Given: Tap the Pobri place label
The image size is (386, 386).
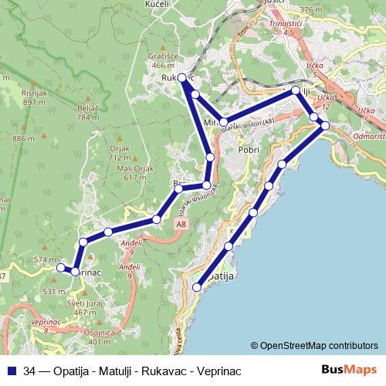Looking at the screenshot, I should tap(248, 150).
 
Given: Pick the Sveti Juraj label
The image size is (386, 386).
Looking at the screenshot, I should tap(86, 303).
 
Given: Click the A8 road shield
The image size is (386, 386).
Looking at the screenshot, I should tap(180, 224).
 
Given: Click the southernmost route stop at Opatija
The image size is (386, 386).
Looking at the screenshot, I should tap(197, 287).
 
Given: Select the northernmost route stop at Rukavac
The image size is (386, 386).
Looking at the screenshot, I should tap(182, 78).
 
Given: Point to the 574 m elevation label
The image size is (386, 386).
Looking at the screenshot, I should tap(46, 259).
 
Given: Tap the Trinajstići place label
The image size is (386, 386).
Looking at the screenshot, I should tap(285, 23).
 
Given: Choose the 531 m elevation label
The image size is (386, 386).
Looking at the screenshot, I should tap(54, 292).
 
